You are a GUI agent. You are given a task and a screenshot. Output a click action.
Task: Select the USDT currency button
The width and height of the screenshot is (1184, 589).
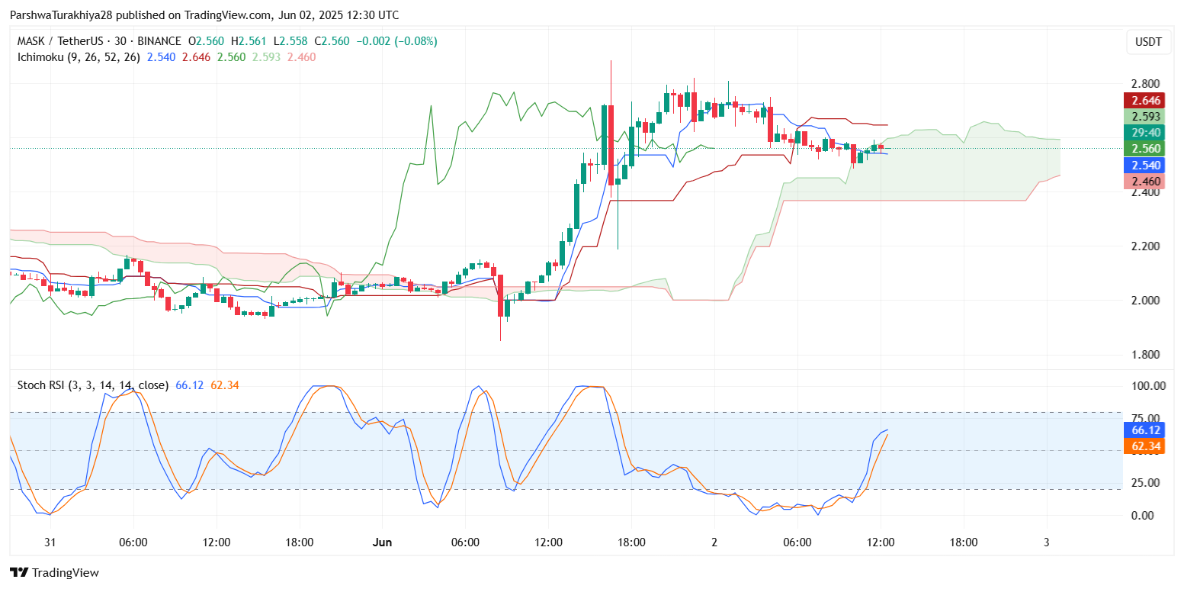[1148, 42]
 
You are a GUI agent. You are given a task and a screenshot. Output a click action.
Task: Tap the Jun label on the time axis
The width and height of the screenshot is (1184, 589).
[382, 542]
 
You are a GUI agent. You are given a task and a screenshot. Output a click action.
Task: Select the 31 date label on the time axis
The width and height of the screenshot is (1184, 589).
[50, 542]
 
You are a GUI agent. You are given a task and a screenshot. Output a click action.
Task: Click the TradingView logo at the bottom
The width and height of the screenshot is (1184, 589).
[54, 572]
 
